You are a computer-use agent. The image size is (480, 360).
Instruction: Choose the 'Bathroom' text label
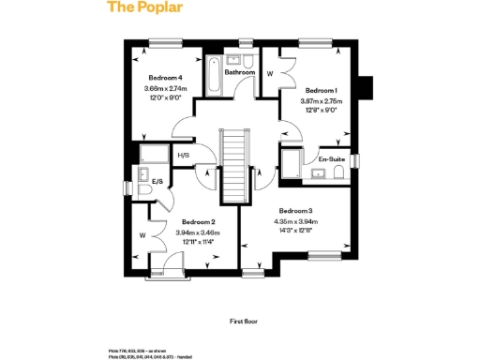click(x=239, y=71)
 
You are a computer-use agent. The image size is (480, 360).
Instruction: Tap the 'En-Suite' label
click(x=332, y=160)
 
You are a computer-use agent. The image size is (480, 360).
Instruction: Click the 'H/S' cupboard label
click(x=183, y=156)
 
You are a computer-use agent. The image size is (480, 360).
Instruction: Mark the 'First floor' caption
click(x=244, y=321)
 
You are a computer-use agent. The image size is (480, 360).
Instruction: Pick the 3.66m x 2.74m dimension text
click(x=166, y=89)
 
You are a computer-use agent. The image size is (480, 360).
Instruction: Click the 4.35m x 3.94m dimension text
click(x=294, y=220)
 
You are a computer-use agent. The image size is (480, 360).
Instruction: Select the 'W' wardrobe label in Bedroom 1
click(x=270, y=73)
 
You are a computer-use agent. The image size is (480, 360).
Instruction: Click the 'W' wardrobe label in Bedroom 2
click(x=142, y=235)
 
